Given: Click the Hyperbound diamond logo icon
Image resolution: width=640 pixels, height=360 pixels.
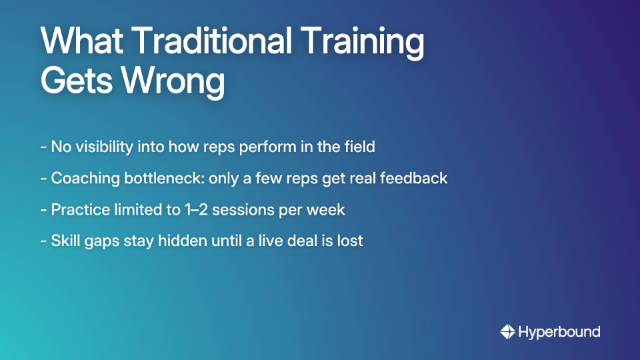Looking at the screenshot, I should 508,331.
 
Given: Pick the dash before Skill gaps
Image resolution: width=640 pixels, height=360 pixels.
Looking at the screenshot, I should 43,241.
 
